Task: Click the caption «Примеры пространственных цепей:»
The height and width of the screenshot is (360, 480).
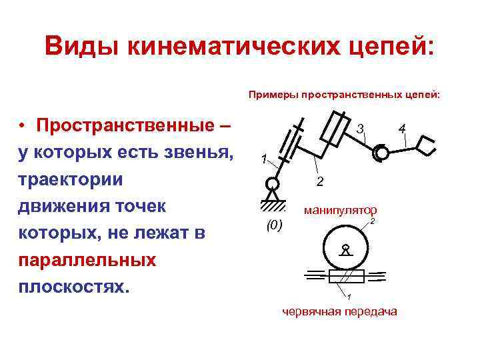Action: pyautogui.click(x=344, y=95)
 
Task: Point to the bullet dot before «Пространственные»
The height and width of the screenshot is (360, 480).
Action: pyautogui.click(x=22, y=126)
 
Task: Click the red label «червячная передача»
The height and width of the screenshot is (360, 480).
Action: pyautogui.click(x=339, y=311)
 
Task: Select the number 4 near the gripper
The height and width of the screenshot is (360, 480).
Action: pyautogui.click(x=402, y=127)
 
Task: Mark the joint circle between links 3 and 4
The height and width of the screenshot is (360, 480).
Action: pyautogui.click(x=381, y=153)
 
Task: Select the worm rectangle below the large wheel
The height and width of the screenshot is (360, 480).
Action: pyautogui.click(x=346, y=276)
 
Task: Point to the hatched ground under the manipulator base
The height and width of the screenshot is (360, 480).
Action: pyautogui.click(x=272, y=203)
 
